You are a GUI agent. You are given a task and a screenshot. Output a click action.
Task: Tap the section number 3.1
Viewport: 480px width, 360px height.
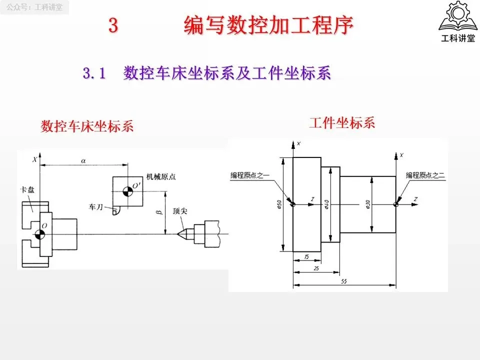pyautogui.click(x=94, y=73)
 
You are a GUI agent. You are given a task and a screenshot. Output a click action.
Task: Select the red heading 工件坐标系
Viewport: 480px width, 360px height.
pyautogui.click(x=342, y=122)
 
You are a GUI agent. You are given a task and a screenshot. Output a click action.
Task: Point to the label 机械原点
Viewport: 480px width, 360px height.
pyautogui.click(x=161, y=176)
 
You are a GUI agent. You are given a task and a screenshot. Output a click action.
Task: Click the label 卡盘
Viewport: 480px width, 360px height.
pyautogui.click(x=26, y=190)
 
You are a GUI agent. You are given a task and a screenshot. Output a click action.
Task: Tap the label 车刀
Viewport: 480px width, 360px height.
pyautogui.click(x=96, y=206)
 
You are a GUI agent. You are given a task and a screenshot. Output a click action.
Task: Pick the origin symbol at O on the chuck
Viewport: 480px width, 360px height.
pyautogui.click(x=39, y=235)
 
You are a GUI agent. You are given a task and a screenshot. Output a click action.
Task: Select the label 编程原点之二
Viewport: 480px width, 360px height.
pyautogui.click(x=425, y=175)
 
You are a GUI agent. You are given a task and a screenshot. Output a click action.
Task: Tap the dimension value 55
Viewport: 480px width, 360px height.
pyautogui.click(x=344, y=281)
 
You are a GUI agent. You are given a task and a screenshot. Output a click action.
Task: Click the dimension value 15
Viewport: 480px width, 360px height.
pyautogui.click(x=306, y=256)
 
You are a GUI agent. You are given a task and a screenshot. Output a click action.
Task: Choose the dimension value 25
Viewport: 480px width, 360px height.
pyautogui.click(x=316, y=268)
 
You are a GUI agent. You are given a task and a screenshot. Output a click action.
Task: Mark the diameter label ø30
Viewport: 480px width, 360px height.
pyautogui.click(x=367, y=204)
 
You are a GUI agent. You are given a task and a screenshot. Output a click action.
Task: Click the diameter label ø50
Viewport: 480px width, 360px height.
pyautogui.click(x=279, y=205)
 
